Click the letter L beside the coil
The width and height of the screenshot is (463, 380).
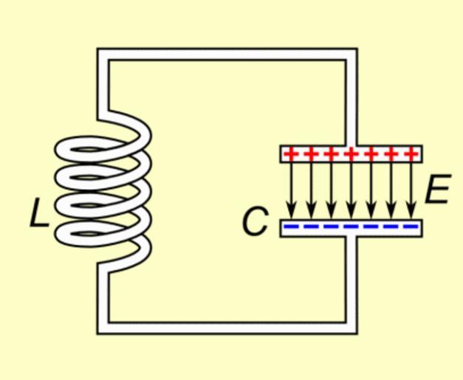click(37, 213)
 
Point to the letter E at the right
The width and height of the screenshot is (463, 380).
click(437, 191)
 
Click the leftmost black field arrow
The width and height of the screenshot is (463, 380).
click(291, 187)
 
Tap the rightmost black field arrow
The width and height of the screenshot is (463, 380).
click(411, 187)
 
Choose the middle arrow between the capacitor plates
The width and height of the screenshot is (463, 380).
click(351, 187)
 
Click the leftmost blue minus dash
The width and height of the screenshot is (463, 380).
click(292, 227)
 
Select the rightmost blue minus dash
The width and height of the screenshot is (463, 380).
click(410, 227)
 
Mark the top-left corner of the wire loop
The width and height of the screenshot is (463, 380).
click(103, 55)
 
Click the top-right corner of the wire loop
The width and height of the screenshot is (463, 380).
click(351, 55)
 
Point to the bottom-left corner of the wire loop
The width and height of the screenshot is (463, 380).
click(103, 328)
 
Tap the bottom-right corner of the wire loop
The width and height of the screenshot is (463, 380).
click(351, 328)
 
